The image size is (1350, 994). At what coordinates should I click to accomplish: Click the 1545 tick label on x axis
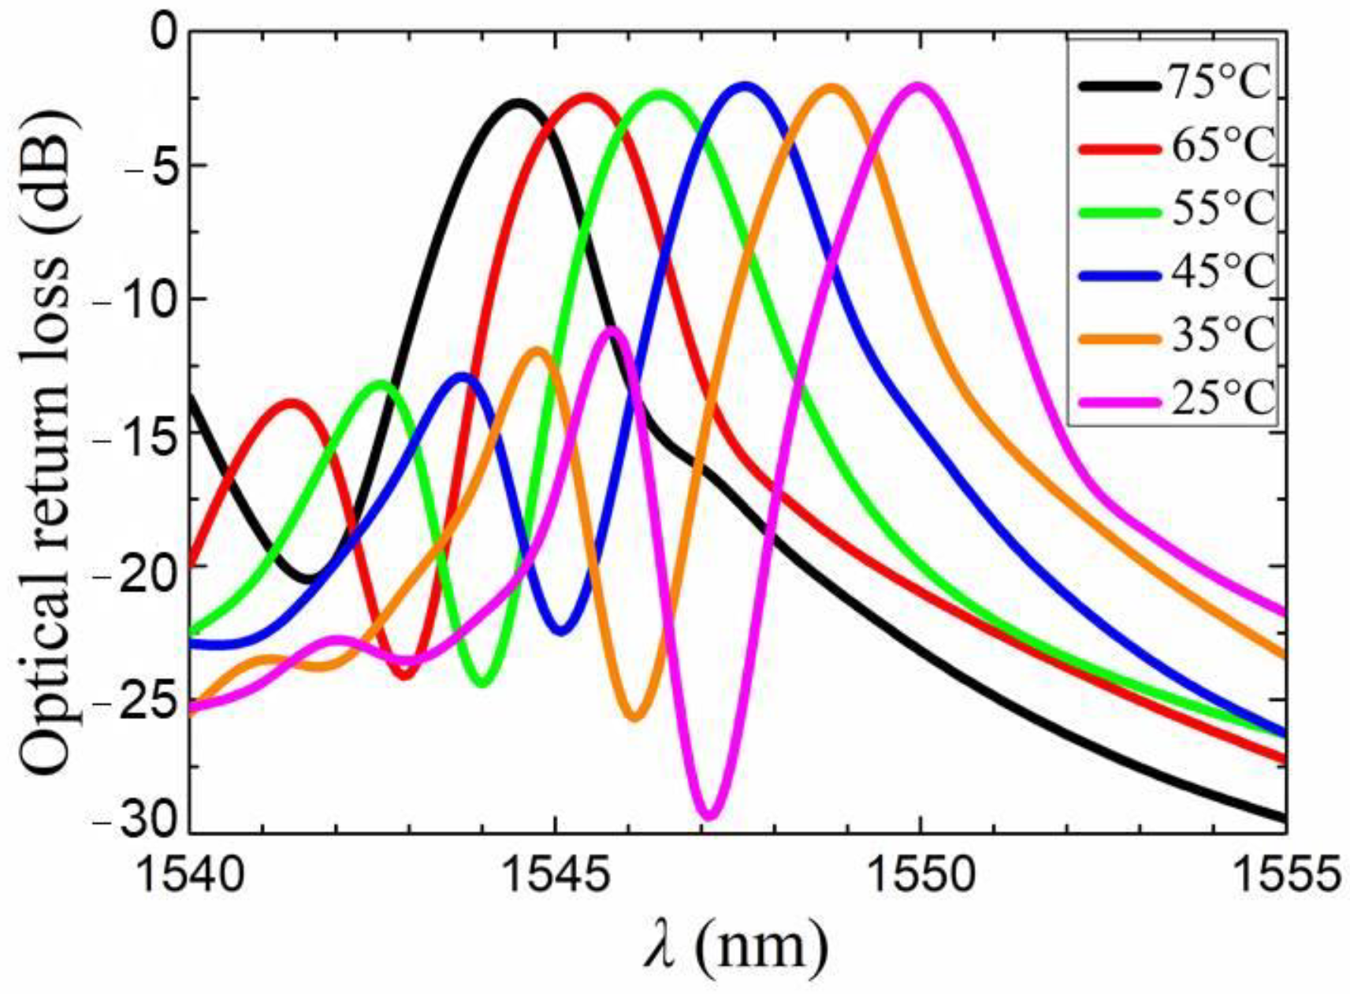[x=556, y=876]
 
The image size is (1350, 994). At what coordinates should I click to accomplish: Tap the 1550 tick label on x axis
[x=920, y=876]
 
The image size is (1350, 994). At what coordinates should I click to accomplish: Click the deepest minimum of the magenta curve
[x=709, y=814]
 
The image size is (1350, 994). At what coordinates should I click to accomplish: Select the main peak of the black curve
[x=518, y=102]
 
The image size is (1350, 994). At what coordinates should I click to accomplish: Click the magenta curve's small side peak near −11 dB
[x=612, y=329]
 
